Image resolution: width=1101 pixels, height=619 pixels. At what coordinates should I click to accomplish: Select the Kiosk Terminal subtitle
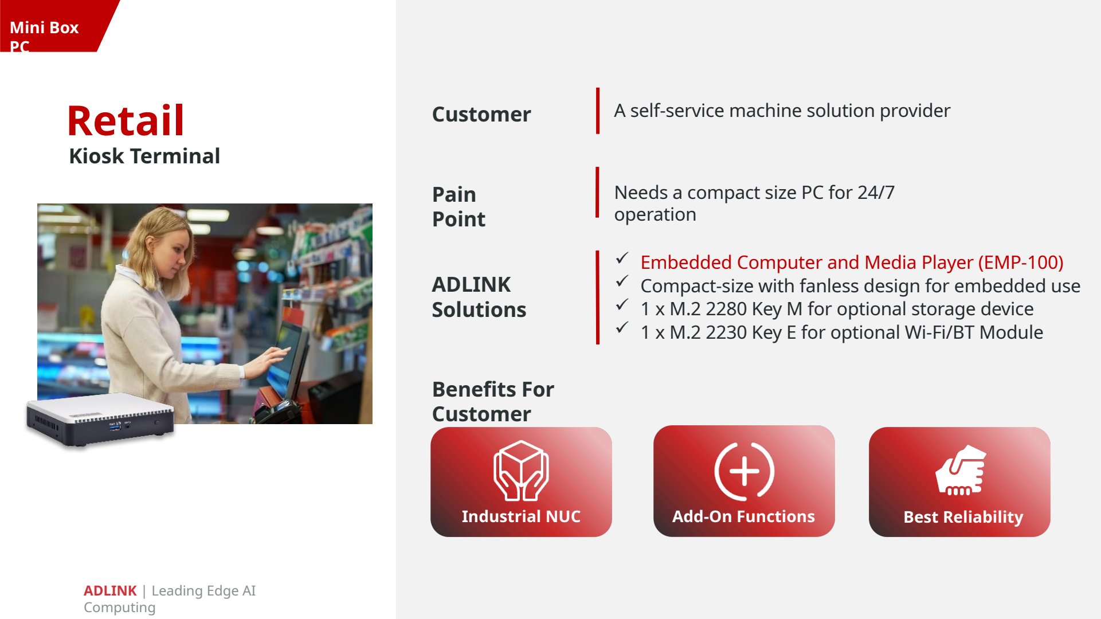pos(144,156)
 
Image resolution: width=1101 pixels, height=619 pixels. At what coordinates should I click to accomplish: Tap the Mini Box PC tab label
pos(44,36)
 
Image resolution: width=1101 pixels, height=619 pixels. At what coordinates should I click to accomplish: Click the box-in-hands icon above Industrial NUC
pos(521,471)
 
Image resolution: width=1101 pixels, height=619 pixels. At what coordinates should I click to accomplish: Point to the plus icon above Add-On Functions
pos(744,471)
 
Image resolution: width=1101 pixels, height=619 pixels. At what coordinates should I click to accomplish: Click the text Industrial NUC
pos(521,516)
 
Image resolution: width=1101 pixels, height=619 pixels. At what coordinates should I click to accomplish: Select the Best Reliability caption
pos(963,517)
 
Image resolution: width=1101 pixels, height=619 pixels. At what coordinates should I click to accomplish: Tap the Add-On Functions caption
pos(743,516)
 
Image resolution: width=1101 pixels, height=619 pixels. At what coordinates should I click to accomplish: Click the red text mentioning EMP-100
pos(852,263)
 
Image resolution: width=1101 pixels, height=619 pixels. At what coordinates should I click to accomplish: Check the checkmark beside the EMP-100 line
pos(622,258)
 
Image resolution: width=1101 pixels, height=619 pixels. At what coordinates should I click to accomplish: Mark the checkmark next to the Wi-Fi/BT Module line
pos(622,328)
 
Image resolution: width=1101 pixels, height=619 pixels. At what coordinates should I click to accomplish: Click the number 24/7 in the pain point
pos(876,193)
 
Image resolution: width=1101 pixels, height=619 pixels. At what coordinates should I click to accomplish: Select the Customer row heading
pos(481,114)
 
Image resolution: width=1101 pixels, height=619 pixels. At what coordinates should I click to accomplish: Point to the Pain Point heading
pos(459,206)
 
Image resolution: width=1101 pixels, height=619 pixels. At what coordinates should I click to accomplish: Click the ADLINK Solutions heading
pos(479,297)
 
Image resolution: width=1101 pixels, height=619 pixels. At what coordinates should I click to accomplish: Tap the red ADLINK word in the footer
pos(110,590)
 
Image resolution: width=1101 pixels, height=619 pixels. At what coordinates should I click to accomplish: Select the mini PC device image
pos(100,420)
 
